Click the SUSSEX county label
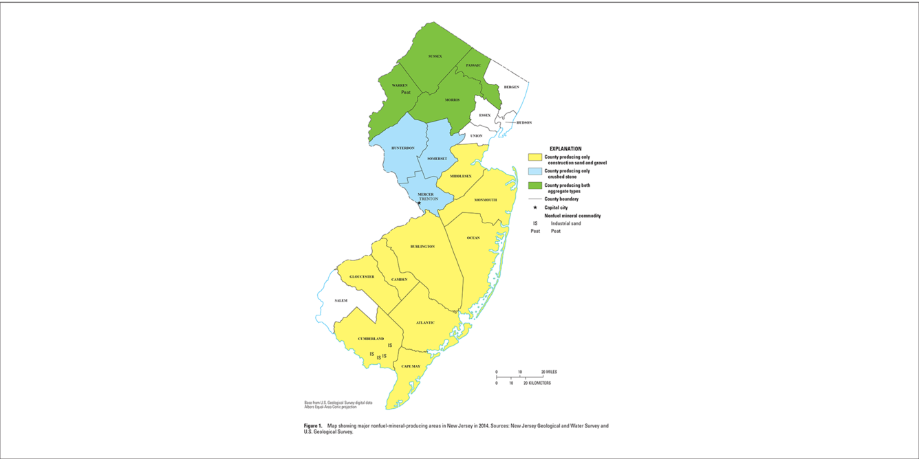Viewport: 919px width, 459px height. tap(435, 56)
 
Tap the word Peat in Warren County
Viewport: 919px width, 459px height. tap(406, 92)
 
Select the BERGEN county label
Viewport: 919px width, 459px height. tap(511, 87)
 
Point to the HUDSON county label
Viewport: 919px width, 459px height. tap(523, 123)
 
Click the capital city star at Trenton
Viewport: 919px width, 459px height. tap(419, 203)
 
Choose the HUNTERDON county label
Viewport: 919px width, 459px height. tap(402, 148)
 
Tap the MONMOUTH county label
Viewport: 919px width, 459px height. tap(485, 200)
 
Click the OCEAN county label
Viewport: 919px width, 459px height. tap(473, 238)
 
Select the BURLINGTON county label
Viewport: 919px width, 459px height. tap(422, 247)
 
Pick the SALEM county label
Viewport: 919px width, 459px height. tap(341, 301)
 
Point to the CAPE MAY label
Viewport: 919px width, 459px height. tap(411, 366)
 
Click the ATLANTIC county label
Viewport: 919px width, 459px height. tap(425, 323)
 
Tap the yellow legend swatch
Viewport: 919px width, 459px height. tap(534, 157)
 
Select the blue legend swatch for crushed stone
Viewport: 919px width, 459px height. tap(534, 172)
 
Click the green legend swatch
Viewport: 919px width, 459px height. tap(534, 186)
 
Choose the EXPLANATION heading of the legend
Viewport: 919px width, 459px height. tap(565, 149)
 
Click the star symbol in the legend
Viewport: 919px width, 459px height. tap(534, 208)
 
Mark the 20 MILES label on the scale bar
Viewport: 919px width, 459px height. tap(549, 372)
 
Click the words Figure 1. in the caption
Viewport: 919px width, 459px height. tap(313, 426)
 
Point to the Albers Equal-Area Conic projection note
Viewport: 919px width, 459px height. tap(330, 407)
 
